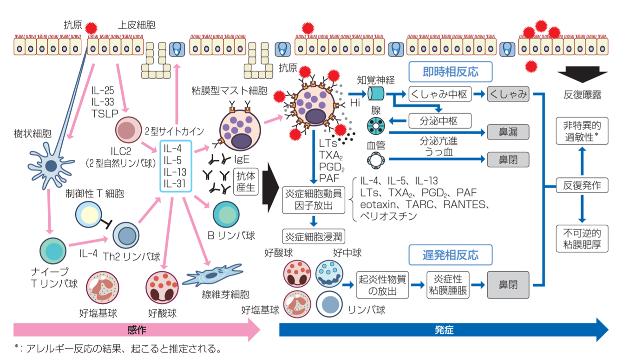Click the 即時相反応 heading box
click(x=450, y=72)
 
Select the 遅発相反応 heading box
click(x=450, y=255)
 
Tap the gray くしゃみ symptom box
click(x=508, y=95)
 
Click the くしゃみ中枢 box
click(x=440, y=95)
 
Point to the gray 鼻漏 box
click(x=508, y=132)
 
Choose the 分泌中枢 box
click(x=440, y=121)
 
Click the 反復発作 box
click(x=582, y=186)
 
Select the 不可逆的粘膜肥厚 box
click(x=582, y=238)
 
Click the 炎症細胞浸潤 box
click(x=314, y=236)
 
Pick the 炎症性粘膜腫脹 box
click(x=448, y=285)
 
